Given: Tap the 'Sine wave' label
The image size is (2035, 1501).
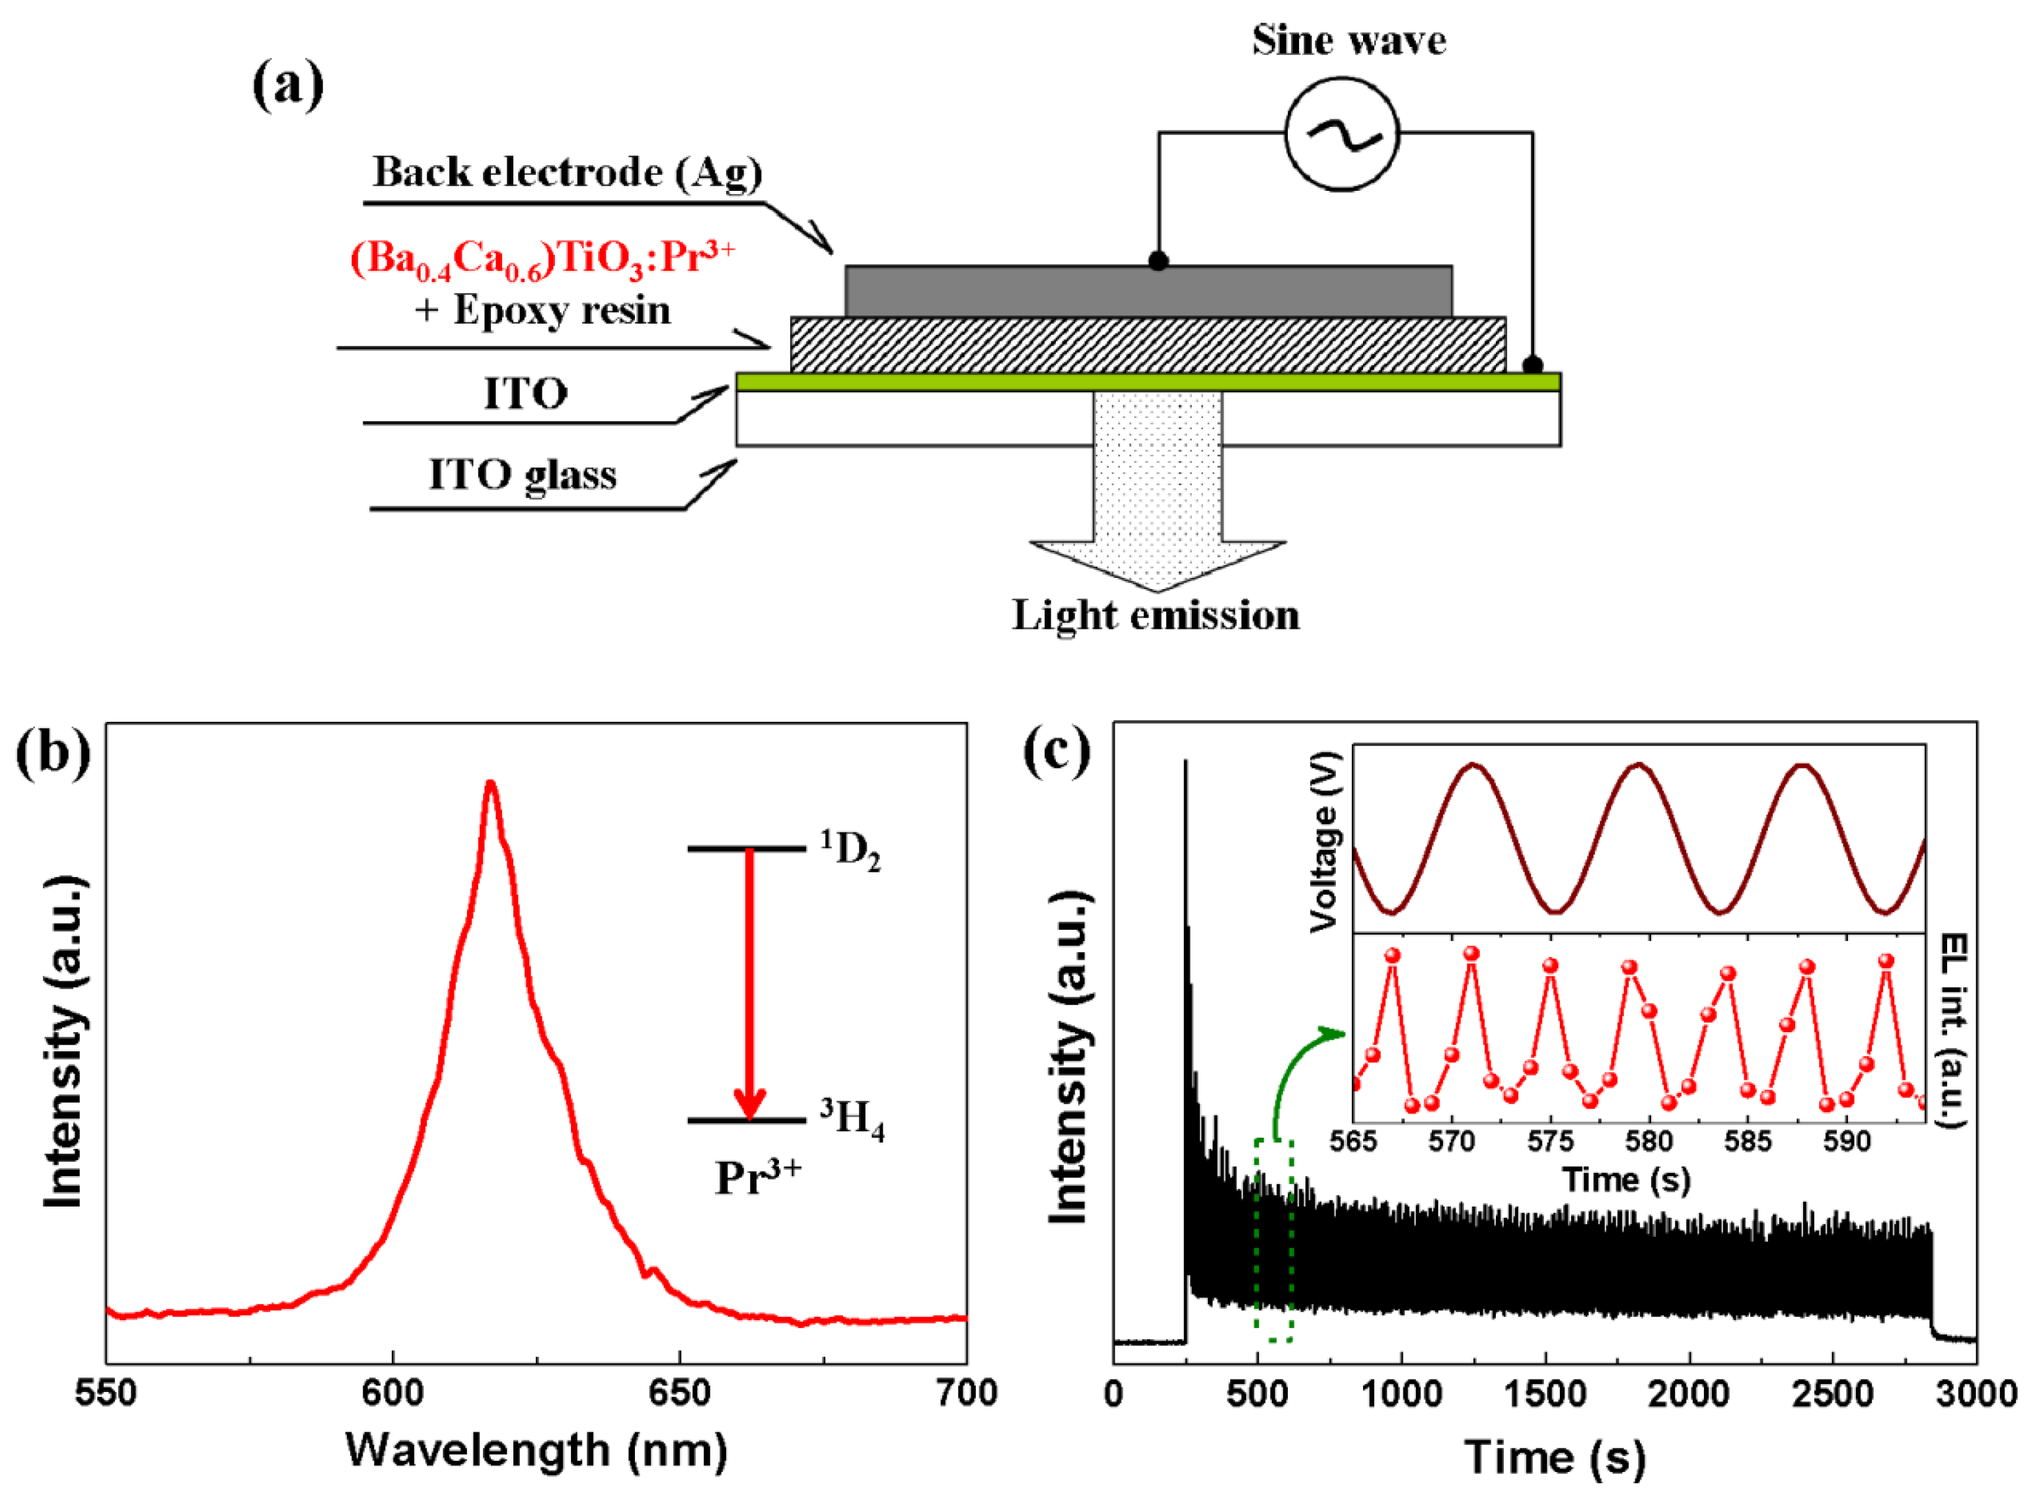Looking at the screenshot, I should (x=1348, y=41).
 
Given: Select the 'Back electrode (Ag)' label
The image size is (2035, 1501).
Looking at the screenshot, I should (x=567, y=172).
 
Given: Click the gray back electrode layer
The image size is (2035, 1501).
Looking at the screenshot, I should (x=1148, y=291).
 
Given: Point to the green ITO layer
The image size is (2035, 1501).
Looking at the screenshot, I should (x=1148, y=382).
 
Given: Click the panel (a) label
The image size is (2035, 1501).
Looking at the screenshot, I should (x=287, y=87).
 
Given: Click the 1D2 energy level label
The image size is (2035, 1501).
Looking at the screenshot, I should (x=850, y=851).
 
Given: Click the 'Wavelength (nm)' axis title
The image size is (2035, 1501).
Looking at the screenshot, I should (x=536, y=1450).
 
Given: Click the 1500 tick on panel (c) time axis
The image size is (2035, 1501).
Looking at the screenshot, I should (x=1545, y=1393).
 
